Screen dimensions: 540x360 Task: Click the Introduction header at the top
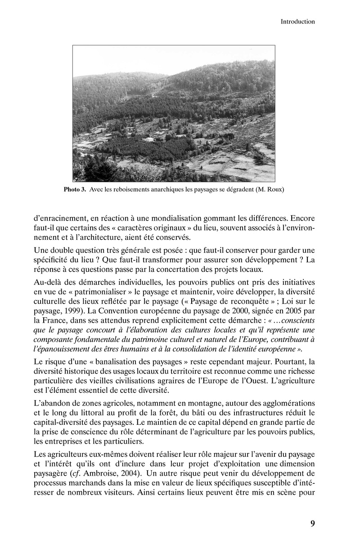point(297,21)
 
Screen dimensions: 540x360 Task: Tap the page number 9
point(312,523)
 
